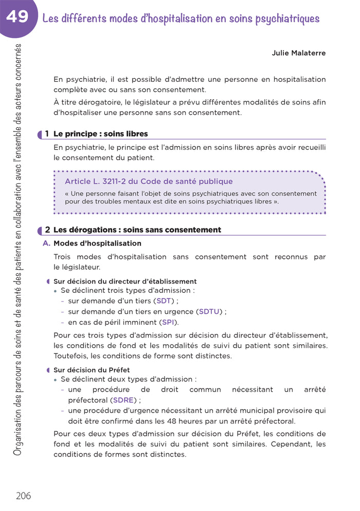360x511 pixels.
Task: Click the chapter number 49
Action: [x=17, y=17]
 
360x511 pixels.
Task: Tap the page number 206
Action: [x=23, y=496]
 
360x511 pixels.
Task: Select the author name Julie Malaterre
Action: [x=299, y=53]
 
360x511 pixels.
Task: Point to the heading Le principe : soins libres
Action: [x=100, y=134]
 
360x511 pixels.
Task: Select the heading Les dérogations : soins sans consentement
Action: [x=137, y=230]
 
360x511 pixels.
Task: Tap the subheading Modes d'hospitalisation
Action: [x=97, y=243]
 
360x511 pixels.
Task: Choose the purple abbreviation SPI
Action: [x=168, y=322]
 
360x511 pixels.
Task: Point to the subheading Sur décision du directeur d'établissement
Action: [x=125, y=281]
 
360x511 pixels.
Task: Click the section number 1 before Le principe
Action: [x=47, y=134]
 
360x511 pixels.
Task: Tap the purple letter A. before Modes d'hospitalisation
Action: [x=46, y=243]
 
